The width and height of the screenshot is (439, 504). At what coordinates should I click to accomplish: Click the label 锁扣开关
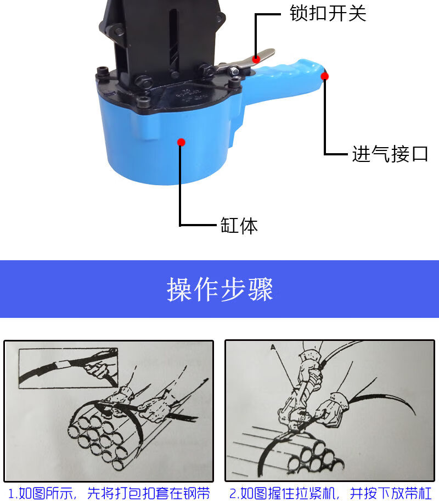click(328, 13)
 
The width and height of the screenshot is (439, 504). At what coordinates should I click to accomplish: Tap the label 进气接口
click(390, 154)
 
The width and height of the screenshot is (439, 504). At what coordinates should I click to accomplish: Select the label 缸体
click(239, 225)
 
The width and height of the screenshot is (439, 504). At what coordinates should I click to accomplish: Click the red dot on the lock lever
click(256, 59)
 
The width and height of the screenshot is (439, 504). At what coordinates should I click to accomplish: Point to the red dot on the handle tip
click(325, 76)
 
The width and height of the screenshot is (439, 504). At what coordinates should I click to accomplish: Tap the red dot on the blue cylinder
click(181, 142)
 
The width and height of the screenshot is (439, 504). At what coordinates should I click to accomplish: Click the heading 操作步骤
click(220, 289)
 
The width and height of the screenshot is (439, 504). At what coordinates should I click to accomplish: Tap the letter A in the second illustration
click(273, 347)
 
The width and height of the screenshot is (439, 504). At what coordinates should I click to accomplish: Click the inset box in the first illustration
click(69, 368)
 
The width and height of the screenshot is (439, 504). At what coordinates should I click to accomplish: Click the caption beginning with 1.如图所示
click(109, 494)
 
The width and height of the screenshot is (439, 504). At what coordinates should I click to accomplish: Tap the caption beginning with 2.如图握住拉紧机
click(330, 494)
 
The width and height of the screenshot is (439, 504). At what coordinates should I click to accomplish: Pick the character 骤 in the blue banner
click(260, 289)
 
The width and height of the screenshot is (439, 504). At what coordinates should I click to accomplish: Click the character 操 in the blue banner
click(179, 289)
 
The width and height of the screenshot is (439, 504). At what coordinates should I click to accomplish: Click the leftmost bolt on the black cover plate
click(103, 71)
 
